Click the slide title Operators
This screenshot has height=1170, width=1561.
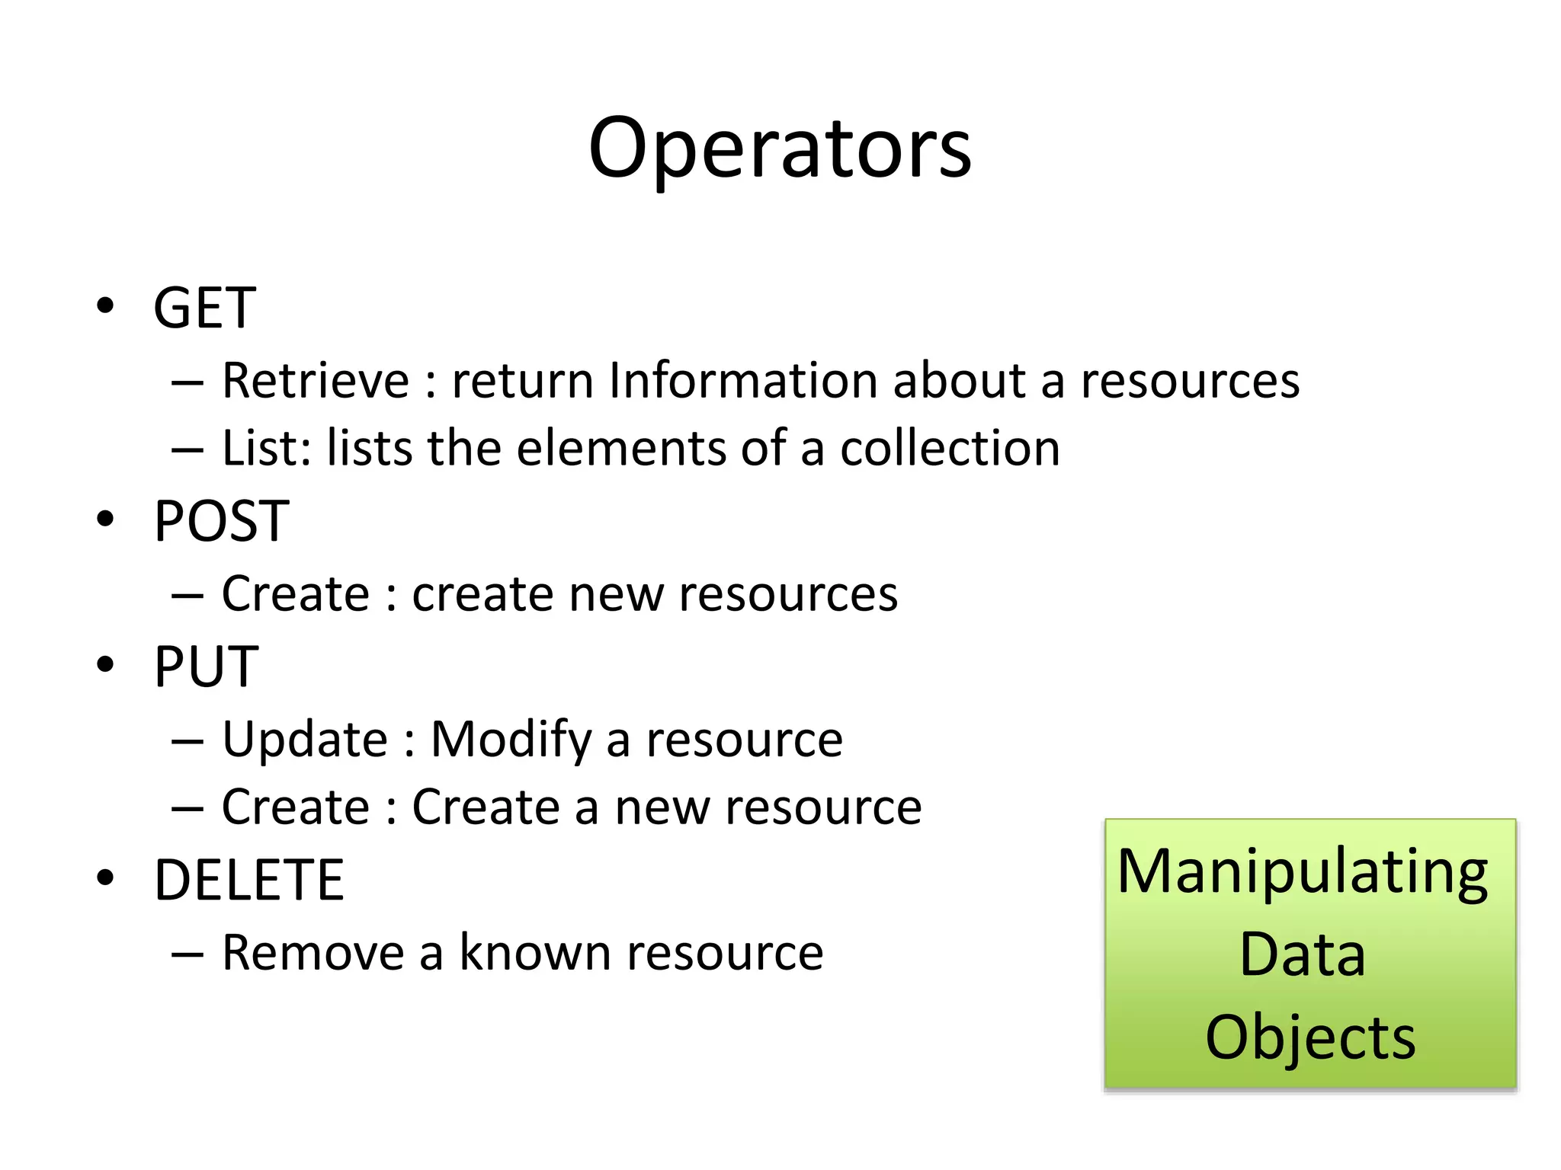point(780,149)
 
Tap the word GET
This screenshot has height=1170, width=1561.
point(204,308)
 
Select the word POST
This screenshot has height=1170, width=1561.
point(221,521)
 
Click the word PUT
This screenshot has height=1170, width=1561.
point(206,667)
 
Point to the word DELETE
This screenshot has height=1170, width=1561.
point(249,880)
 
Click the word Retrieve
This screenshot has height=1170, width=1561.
point(316,380)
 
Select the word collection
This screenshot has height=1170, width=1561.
point(950,448)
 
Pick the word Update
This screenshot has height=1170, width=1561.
point(305,739)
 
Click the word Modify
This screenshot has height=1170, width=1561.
point(511,739)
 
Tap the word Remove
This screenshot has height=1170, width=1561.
point(313,952)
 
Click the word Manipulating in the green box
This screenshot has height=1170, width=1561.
point(1303,872)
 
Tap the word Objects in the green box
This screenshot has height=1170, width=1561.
point(1309,1037)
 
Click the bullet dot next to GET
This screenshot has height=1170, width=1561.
point(105,306)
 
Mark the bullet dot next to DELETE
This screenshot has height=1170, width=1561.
point(105,878)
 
